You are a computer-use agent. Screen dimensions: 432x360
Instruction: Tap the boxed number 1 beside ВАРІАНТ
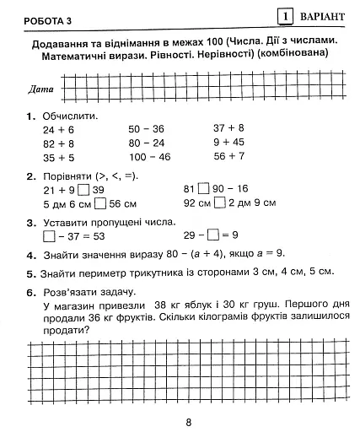287,15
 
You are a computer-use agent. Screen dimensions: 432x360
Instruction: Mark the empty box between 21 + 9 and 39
86,190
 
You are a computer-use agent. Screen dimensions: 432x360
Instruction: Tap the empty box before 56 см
100,203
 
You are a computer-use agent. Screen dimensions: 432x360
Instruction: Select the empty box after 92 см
219,203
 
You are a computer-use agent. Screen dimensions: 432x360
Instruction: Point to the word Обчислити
70,115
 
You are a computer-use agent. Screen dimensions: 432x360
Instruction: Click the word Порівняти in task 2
57,175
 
